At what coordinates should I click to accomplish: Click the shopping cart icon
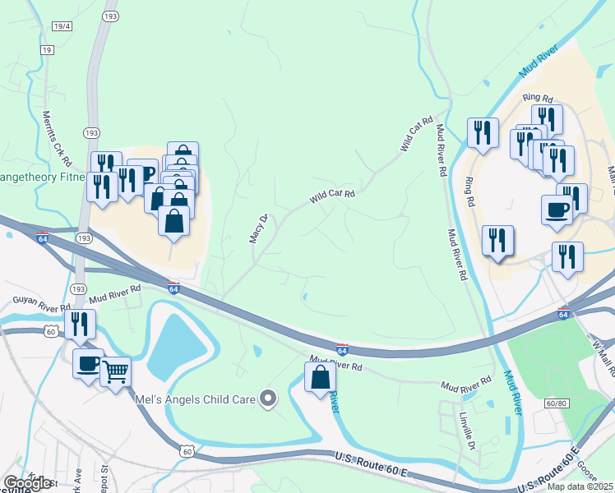coord(116,371)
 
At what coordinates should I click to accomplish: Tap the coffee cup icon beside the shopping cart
coord(89,362)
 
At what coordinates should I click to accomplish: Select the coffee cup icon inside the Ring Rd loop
coord(557,209)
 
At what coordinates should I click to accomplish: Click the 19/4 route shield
coord(62,27)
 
